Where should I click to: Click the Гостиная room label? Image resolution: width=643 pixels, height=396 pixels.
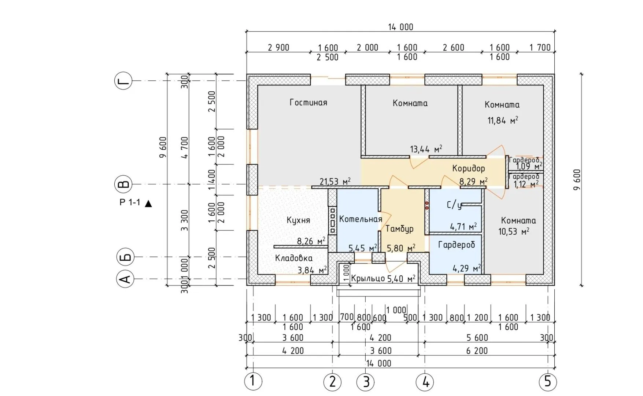click(308, 102)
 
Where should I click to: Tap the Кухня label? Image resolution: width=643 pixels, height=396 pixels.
click(298, 220)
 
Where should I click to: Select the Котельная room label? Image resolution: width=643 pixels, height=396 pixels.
click(361, 219)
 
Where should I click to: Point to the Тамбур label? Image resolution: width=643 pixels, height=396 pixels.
click(399, 229)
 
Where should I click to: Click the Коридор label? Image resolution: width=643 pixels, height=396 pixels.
click(468, 168)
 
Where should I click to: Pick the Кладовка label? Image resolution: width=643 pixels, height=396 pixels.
click(294, 258)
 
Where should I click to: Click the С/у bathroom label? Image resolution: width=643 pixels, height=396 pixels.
click(454, 205)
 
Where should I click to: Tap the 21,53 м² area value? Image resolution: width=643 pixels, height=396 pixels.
click(335, 181)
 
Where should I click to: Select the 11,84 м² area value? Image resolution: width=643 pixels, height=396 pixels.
click(502, 120)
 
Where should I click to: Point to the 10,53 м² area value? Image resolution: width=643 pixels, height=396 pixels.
click(514, 232)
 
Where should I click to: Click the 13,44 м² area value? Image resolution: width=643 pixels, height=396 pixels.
click(426, 149)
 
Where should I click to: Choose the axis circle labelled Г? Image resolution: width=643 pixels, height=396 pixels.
click(124, 81)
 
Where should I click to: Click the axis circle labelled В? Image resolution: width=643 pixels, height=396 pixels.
click(124, 184)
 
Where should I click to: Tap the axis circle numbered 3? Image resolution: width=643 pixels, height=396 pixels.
click(366, 382)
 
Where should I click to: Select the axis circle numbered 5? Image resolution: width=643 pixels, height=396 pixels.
click(548, 382)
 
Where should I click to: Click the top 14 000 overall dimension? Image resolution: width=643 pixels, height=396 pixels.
click(400, 27)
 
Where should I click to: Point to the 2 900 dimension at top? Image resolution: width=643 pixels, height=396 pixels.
click(278, 48)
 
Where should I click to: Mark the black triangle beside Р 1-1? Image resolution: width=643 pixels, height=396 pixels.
click(148, 203)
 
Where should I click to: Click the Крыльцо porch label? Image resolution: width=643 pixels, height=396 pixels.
click(368, 278)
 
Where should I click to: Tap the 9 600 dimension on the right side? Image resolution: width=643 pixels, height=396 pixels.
click(577, 179)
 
